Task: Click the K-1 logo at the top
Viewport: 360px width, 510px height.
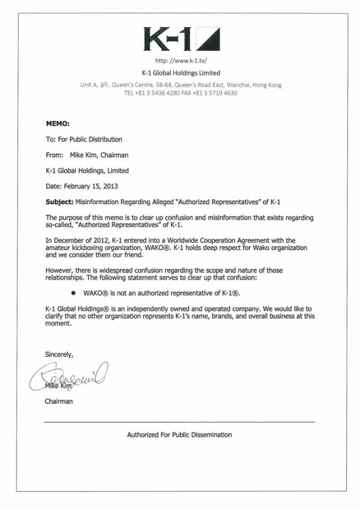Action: tap(181, 39)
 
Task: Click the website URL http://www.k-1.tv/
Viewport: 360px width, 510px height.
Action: tap(180, 61)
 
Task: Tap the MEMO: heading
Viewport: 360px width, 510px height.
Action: tap(58, 124)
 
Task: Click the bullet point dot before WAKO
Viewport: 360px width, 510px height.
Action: tap(73, 293)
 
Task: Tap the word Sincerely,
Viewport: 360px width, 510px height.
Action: tap(59, 355)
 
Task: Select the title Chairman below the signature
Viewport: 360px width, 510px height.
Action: tap(59, 401)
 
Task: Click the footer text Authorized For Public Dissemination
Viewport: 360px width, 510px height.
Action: tap(179, 435)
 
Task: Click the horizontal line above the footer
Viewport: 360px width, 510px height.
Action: tap(179, 422)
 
